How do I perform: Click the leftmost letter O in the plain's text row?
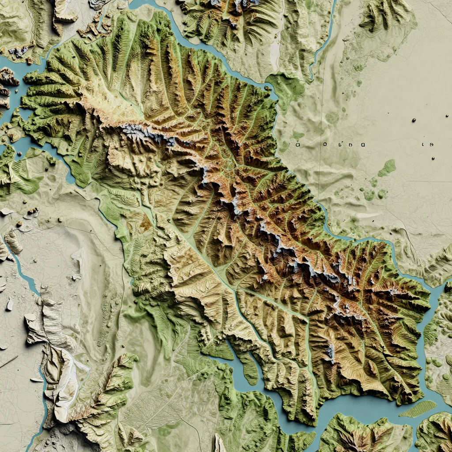[298, 144]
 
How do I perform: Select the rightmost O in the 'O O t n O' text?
[362, 144]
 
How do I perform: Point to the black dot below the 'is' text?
[433, 158]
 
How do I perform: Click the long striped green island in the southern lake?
[418, 409]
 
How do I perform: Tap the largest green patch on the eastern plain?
[387, 168]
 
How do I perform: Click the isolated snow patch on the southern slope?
[330, 352]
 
